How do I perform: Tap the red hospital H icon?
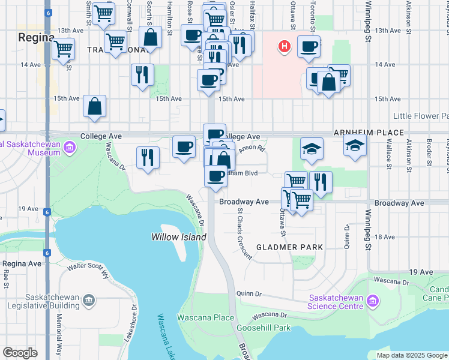coord(285,46)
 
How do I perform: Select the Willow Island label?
coord(179,237)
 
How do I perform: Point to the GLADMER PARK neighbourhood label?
coord(289,247)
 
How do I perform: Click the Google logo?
coord(20,352)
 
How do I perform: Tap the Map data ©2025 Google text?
coord(412,355)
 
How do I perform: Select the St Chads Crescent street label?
coord(244,233)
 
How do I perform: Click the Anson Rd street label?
coord(253,148)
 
